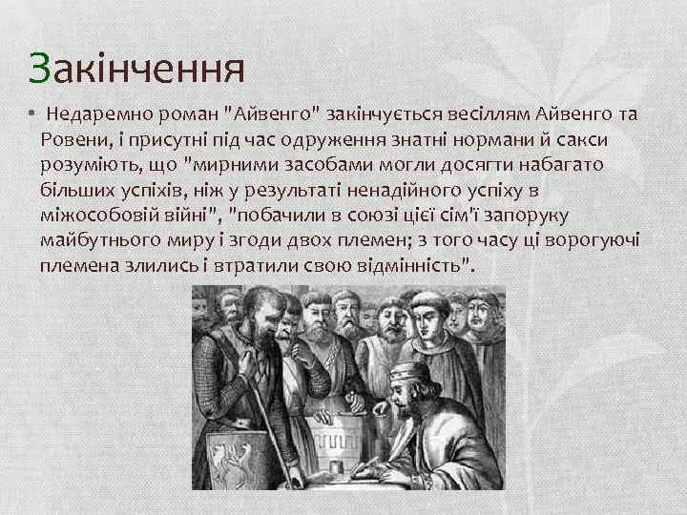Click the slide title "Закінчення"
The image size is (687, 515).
136,69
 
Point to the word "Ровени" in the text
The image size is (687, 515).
73,140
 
